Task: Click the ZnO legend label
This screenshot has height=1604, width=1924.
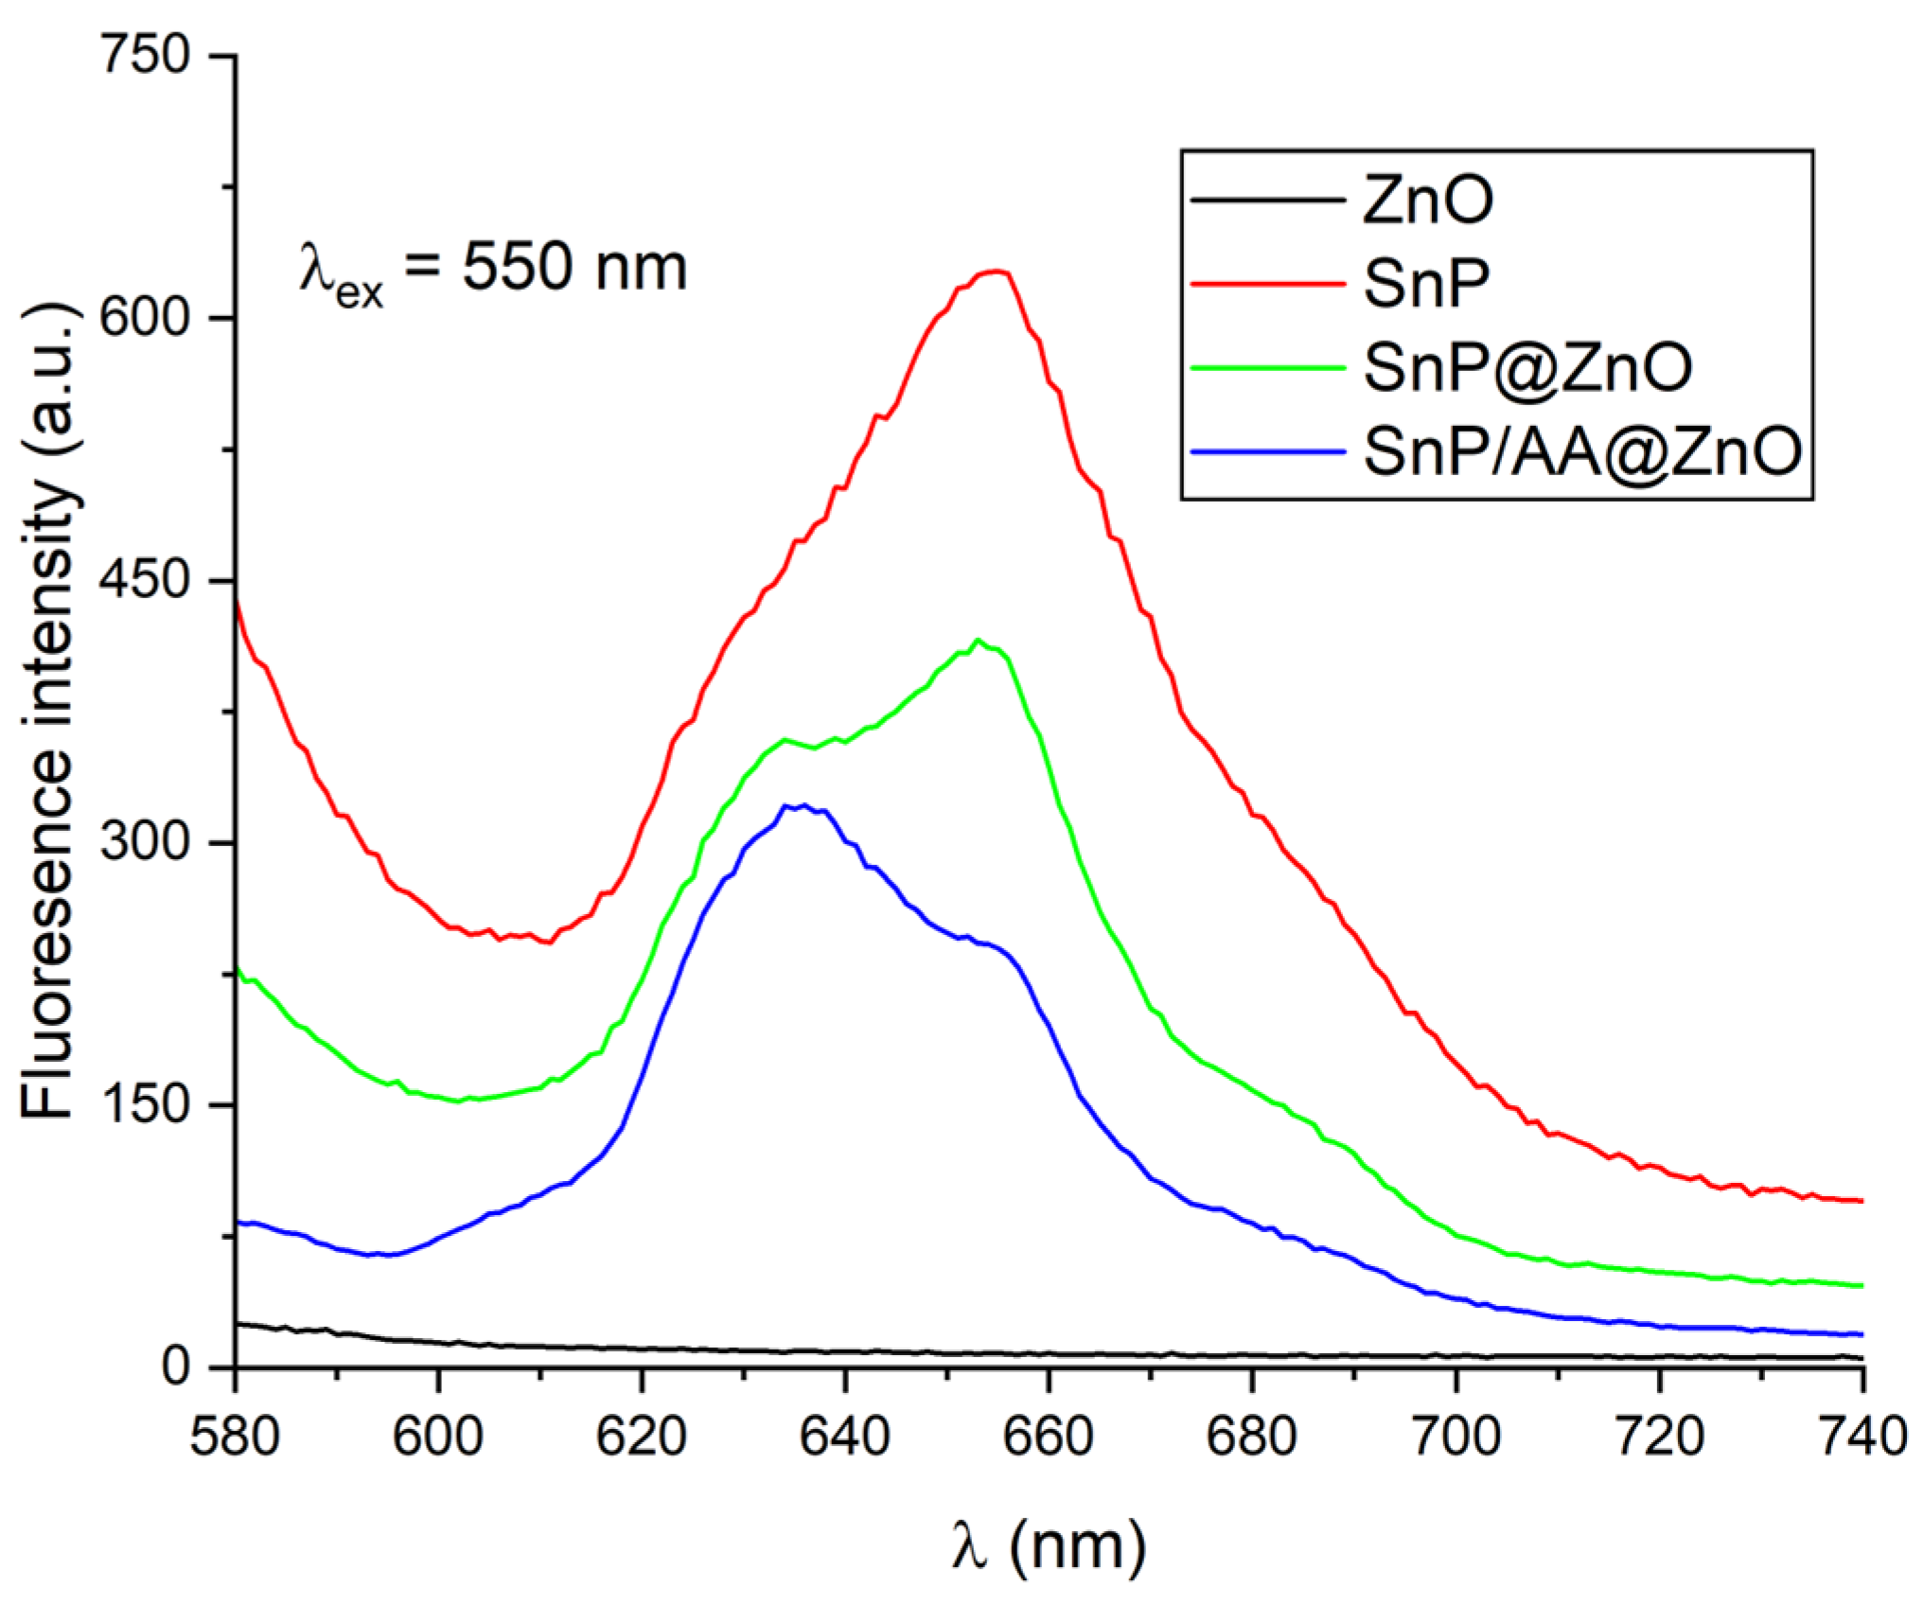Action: (x=1427, y=201)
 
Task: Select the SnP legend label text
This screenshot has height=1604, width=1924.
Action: (x=1426, y=283)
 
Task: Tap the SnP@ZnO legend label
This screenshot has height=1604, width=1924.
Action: (x=1527, y=368)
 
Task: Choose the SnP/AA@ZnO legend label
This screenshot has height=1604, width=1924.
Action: (x=1582, y=451)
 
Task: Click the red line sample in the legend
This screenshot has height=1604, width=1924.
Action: (x=1267, y=283)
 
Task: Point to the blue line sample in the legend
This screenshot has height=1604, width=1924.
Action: (x=1267, y=451)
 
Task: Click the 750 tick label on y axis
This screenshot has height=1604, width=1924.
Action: (x=145, y=55)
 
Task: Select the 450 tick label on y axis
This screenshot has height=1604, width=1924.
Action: (x=145, y=579)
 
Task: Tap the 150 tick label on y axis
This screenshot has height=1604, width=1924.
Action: (x=145, y=1104)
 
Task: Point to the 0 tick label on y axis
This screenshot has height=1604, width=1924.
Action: (x=176, y=1366)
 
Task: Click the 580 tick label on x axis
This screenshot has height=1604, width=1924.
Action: (x=235, y=1437)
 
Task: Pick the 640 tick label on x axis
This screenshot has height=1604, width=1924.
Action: (x=844, y=1437)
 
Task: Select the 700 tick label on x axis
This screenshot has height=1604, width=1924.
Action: (x=1456, y=1437)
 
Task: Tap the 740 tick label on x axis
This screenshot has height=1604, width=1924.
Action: (x=1861, y=1437)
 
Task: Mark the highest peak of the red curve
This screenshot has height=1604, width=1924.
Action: (x=995, y=272)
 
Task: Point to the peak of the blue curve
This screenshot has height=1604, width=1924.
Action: (x=803, y=805)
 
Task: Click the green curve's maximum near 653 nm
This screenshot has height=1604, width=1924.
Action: (x=979, y=640)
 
